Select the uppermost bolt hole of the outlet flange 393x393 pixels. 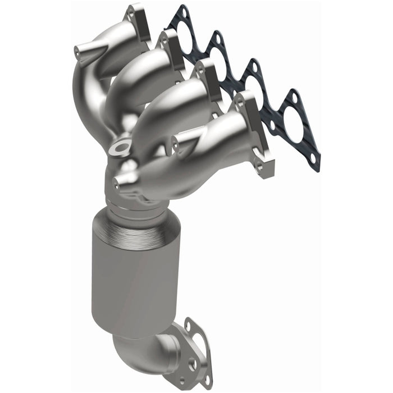click(188, 325)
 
